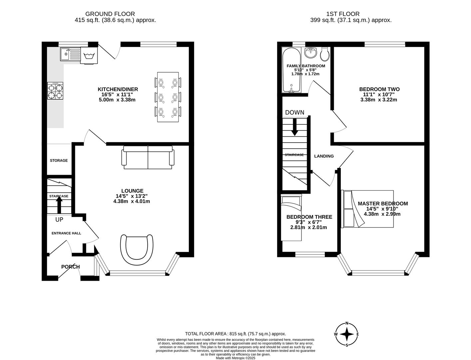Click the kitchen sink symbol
(70, 54)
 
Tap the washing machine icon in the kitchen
(89, 55)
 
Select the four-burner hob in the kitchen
(55, 91)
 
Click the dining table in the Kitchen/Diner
(168, 97)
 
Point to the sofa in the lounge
(148, 157)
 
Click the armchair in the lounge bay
(137, 249)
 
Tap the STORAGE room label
(59, 161)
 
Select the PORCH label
(70, 267)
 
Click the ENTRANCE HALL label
(66, 233)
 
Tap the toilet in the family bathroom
(325, 54)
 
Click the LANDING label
(324, 156)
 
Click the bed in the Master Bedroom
(368, 209)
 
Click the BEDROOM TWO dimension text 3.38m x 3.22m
(379, 100)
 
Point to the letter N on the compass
(347, 323)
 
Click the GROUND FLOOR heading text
(110, 14)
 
